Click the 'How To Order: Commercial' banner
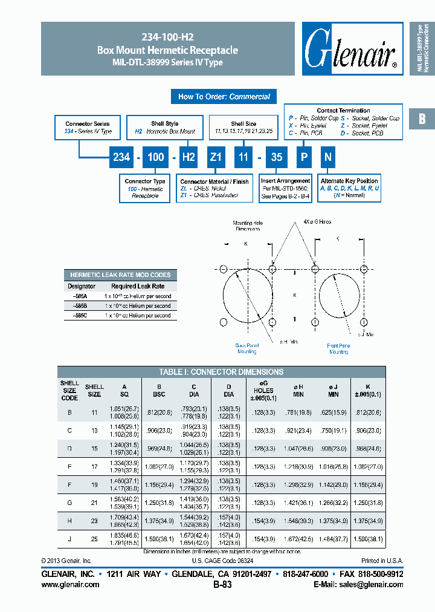(224, 97)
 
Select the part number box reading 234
(121, 157)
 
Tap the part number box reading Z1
(216, 157)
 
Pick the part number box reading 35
(276, 157)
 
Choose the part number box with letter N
(327, 157)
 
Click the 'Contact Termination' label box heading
(343, 111)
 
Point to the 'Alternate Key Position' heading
(349, 181)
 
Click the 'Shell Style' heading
(164, 124)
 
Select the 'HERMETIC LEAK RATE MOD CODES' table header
(120, 275)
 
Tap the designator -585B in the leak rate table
(80, 306)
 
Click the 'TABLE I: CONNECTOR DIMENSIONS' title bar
(221, 372)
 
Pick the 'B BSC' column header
(159, 390)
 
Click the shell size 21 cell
(94, 503)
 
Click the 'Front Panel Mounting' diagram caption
(338, 348)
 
